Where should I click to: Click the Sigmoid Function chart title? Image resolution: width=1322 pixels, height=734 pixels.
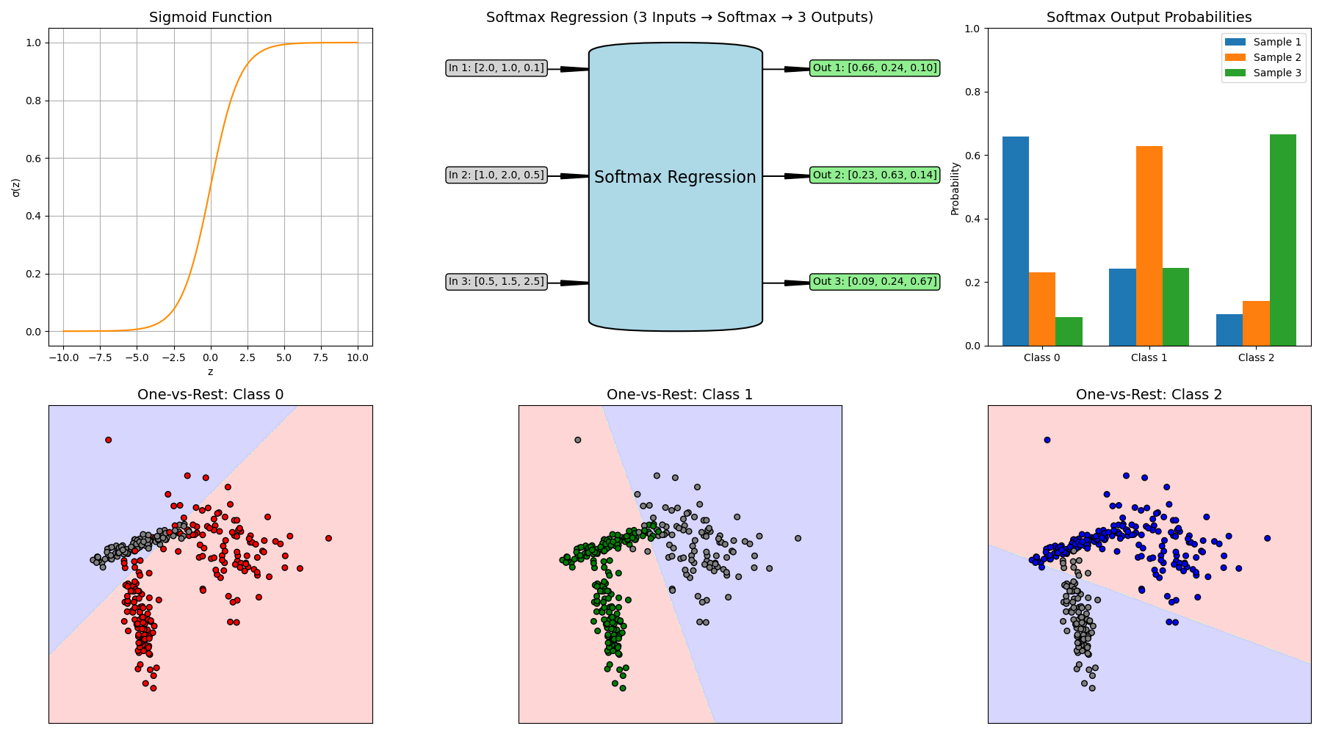(x=210, y=18)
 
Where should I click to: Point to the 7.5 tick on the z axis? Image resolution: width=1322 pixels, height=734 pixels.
(x=321, y=358)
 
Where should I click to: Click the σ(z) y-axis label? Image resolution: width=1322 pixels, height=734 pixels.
(x=16, y=187)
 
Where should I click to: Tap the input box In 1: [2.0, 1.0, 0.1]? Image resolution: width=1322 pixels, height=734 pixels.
(x=496, y=68)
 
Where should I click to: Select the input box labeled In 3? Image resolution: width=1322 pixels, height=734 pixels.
(x=496, y=282)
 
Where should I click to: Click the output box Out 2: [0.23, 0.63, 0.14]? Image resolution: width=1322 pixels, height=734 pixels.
(x=875, y=175)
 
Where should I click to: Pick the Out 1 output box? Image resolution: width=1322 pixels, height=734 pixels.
(x=875, y=68)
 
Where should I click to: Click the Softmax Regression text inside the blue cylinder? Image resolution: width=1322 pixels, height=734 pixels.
(x=675, y=178)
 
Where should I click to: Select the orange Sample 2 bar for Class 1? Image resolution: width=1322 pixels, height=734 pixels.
(x=1149, y=246)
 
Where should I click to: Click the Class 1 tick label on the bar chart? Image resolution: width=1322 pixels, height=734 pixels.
(x=1149, y=358)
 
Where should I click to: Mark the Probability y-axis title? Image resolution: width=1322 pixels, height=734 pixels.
(x=955, y=189)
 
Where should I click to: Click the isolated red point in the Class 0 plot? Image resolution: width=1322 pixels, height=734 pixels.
(x=108, y=440)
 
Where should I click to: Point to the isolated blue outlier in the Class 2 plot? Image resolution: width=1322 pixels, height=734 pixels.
(x=1047, y=440)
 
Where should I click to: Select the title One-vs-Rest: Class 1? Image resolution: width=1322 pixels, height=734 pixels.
(x=679, y=395)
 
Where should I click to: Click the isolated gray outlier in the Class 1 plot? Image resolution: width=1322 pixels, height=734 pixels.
(x=577, y=440)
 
